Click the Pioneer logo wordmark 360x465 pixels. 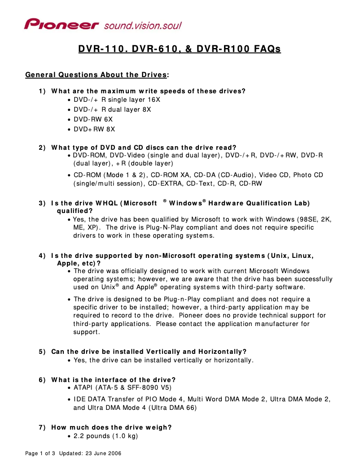tap(61, 24)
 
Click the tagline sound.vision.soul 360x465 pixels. tap(143, 26)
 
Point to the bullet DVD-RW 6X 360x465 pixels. tap(93, 119)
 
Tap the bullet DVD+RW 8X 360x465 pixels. tap(94, 129)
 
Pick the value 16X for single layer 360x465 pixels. tap(153, 100)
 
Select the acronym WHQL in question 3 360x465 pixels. tap(106, 203)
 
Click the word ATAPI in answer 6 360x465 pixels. tap(83, 387)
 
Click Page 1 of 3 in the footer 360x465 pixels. tap(40, 453)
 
